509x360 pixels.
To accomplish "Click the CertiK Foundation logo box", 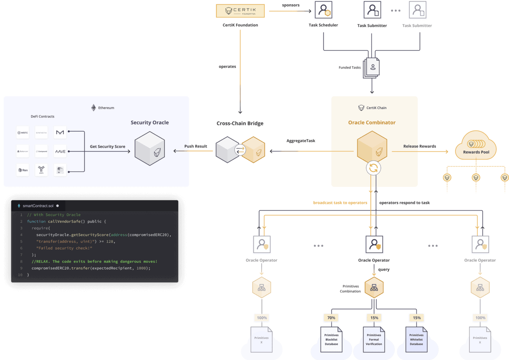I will coord(240,11).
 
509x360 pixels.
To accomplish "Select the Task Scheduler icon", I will coord(323,10).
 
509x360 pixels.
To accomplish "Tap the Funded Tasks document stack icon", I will coord(372,67).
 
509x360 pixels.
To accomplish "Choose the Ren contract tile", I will coord(23,170).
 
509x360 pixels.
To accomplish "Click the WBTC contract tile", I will coord(23,132).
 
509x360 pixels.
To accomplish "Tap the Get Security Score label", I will coord(108,147).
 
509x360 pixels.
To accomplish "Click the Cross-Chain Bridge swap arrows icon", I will coord(240,150).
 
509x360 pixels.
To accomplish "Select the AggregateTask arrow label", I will coord(301,141).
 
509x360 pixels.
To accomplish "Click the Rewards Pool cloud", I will coord(476,147).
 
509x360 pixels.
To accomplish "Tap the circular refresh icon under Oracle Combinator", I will coord(374,168).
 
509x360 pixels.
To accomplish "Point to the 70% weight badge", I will coord(331,318).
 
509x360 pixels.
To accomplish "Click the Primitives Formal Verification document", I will coord(374,339).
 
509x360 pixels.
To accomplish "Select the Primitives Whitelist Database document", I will coord(416,339).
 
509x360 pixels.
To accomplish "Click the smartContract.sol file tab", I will coord(38,206).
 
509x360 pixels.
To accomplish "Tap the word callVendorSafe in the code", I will coord(66,221).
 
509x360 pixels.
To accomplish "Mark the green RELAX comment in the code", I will coord(94,261).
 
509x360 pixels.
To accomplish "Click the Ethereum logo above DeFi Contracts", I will coord(94,108).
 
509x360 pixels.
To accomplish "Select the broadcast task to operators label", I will coord(340,203).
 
